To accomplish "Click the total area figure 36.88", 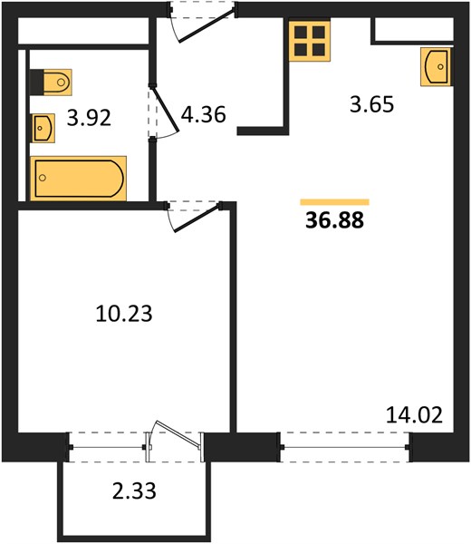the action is pyautogui.click(x=335, y=220).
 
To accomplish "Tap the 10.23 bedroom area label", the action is pyautogui.click(x=124, y=314).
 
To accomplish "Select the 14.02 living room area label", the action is pyautogui.click(x=414, y=415).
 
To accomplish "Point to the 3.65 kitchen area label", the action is pyautogui.click(x=372, y=104).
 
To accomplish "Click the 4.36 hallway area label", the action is pyautogui.click(x=204, y=114).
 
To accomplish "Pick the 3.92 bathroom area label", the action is pyautogui.click(x=89, y=118).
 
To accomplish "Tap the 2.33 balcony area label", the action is pyautogui.click(x=134, y=491).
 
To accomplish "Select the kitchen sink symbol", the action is pyautogui.click(x=436, y=66).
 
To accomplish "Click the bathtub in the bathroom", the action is pyautogui.click(x=78, y=179).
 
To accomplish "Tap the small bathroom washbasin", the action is pyautogui.click(x=43, y=128).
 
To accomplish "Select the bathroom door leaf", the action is pyautogui.click(x=166, y=111).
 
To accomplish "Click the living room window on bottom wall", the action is pyautogui.click(x=345, y=447).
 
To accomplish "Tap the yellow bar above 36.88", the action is pyautogui.click(x=335, y=202).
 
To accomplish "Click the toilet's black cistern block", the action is pyautogui.click(x=37, y=83).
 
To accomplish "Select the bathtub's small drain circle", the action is pyautogui.click(x=43, y=178).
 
